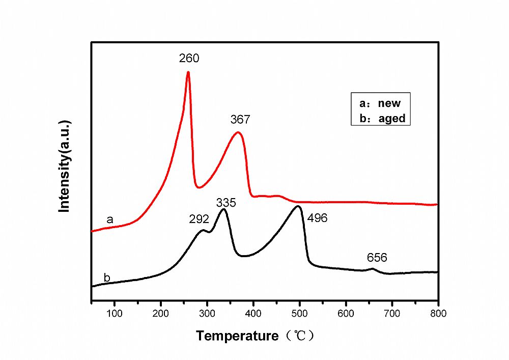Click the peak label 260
(x=189, y=58)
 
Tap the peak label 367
(x=240, y=120)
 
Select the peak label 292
(x=199, y=219)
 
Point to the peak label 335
(x=226, y=203)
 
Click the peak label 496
(x=317, y=218)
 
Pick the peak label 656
(x=377, y=258)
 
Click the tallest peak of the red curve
(x=188, y=72)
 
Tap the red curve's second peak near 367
(x=238, y=133)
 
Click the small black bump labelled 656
(x=373, y=268)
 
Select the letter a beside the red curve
(x=109, y=219)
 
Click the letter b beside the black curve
(x=107, y=278)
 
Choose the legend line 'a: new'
(x=380, y=103)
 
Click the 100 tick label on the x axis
(x=115, y=313)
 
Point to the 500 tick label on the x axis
(x=300, y=313)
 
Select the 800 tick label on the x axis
(x=438, y=313)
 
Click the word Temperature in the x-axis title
(x=237, y=336)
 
